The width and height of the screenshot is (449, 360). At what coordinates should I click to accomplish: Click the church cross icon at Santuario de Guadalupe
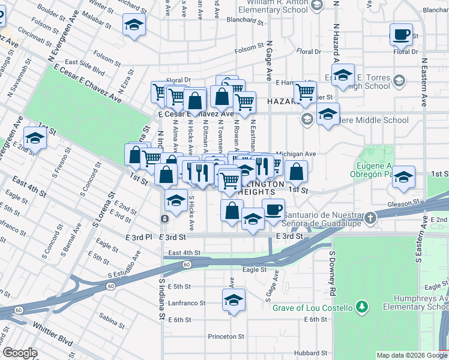tap(372, 217)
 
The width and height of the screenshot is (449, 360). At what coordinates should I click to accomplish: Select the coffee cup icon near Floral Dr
tap(401, 34)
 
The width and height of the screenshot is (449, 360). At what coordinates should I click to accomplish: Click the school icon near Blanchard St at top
tap(134, 25)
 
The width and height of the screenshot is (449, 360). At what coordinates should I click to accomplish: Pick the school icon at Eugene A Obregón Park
tap(404, 178)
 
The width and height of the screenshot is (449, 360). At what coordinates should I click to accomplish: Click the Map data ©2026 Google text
tap(412, 355)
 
